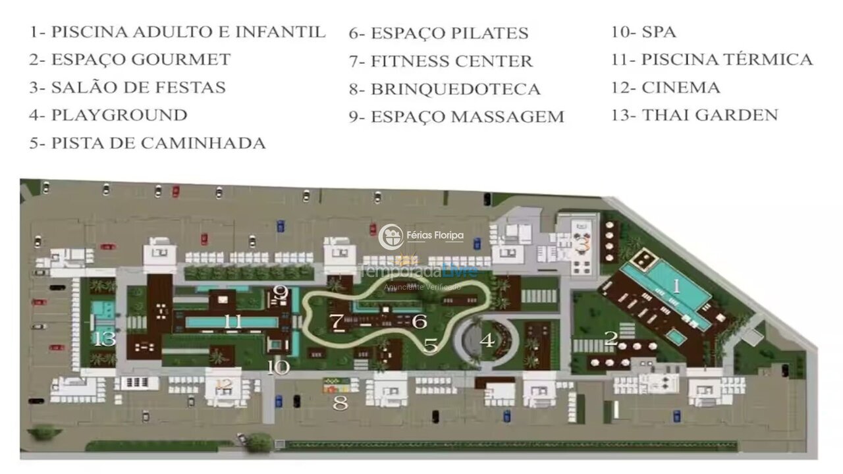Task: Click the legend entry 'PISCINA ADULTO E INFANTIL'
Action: point(177,32)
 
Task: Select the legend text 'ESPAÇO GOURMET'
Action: point(130,59)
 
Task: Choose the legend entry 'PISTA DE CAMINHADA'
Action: point(148,143)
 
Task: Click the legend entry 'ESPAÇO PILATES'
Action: point(439,33)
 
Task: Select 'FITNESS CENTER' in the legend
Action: point(441,61)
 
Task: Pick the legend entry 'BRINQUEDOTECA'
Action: point(445,89)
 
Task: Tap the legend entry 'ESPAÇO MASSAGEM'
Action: point(456,117)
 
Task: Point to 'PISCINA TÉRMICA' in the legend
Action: point(712,59)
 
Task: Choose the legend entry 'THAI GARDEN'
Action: point(695,115)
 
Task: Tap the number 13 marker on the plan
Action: point(105,339)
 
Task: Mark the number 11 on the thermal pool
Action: point(232,322)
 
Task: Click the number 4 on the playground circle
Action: point(487,340)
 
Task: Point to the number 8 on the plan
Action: point(340,403)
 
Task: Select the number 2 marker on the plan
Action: point(611,338)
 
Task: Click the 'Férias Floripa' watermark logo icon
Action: point(391,236)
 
